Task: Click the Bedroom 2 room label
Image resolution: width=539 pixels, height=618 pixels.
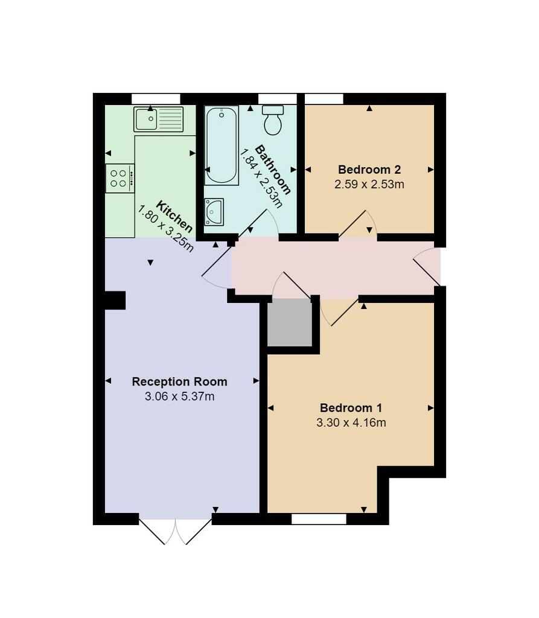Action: click(369, 170)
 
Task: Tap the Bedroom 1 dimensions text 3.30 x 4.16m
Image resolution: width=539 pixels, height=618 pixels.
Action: click(351, 422)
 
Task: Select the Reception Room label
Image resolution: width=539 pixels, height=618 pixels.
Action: click(179, 381)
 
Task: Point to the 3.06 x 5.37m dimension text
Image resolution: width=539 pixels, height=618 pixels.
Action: click(179, 397)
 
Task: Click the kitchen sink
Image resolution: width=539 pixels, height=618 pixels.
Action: click(159, 119)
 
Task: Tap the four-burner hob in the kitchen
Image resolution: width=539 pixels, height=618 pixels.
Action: click(119, 178)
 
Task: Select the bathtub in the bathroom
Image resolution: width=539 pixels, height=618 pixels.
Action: click(221, 145)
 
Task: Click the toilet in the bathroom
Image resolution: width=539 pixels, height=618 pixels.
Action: click(273, 120)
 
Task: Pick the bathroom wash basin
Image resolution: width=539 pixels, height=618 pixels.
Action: click(214, 212)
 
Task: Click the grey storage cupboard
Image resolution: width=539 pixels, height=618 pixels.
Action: click(289, 323)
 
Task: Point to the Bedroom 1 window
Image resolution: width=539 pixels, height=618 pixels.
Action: click(319, 518)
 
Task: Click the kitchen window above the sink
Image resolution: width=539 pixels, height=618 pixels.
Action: click(156, 99)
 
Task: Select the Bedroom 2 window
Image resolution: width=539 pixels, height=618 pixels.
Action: click(324, 99)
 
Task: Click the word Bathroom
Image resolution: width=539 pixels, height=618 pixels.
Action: click(273, 170)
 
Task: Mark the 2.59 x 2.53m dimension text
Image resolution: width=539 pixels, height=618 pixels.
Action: click(369, 184)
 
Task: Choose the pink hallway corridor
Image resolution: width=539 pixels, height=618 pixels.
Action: click(338, 267)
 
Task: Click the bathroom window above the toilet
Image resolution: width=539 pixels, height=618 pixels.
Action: click(277, 99)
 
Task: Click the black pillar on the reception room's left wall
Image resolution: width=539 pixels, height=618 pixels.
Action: click(115, 300)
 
